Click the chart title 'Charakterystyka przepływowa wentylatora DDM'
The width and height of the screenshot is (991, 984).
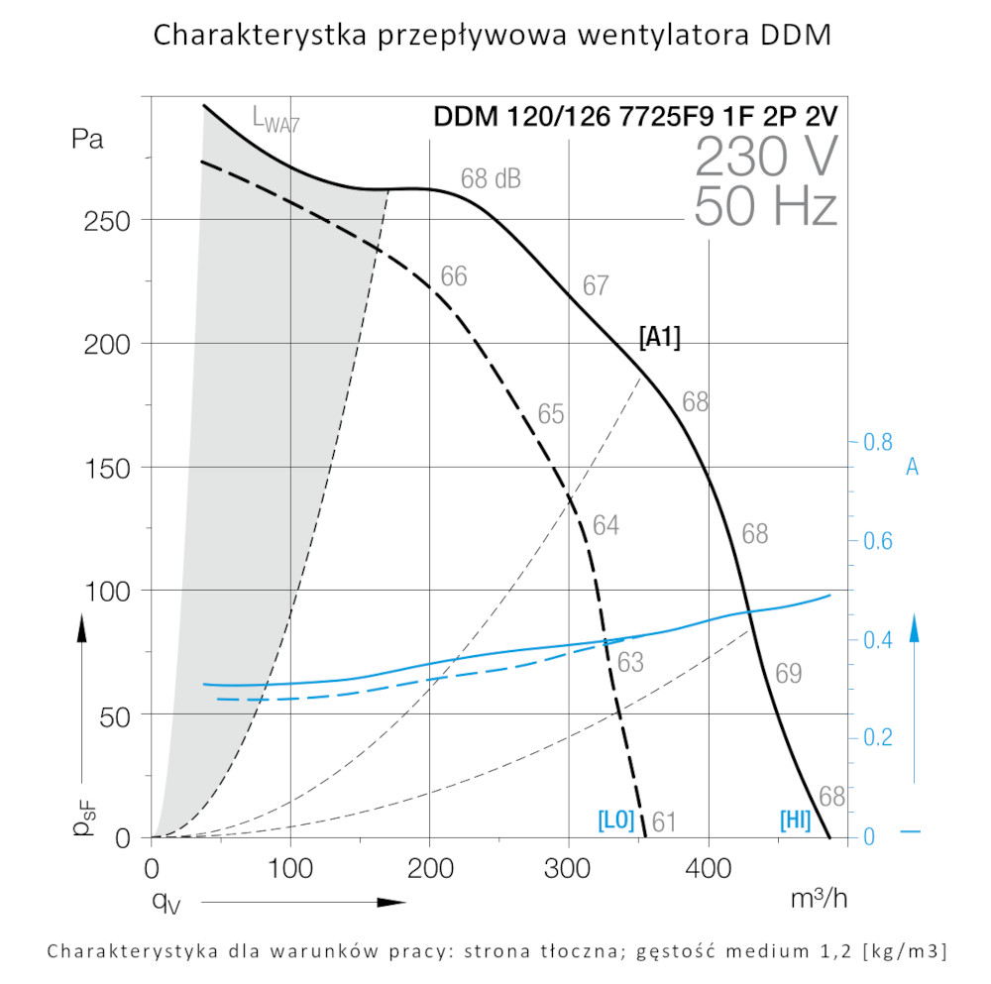coord(493,36)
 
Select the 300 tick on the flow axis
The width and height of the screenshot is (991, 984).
coord(569,871)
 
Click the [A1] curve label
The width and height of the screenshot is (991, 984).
coord(660,338)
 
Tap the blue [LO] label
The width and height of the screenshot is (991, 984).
coord(615,820)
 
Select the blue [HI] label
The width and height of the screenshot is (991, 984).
coord(796,820)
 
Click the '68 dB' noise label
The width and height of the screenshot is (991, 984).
coord(491,179)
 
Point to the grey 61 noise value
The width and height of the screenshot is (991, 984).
coord(664,821)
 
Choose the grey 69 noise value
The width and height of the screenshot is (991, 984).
coord(788,674)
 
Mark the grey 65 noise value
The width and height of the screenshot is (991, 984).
coord(551,414)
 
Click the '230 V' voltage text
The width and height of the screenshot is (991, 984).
coord(765,158)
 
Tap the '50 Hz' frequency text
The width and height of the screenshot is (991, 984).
coord(765,206)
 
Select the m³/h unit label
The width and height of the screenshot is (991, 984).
coord(820,899)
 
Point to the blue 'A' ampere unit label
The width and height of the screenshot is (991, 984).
coord(912,467)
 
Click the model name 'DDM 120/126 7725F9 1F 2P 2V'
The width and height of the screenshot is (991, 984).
coord(635,116)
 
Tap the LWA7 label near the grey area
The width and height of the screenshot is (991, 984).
coord(275,120)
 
